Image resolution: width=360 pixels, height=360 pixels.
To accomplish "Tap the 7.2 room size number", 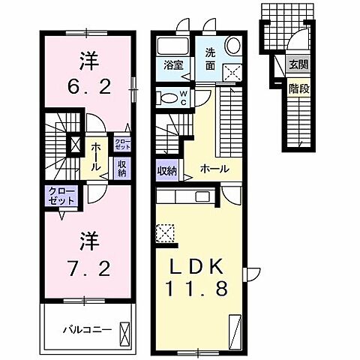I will tap(86, 266).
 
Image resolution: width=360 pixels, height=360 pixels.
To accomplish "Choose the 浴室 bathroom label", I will tap(173, 65).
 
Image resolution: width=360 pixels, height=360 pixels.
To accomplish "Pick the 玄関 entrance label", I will tap(298, 64).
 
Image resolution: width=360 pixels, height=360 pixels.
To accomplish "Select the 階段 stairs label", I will tap(298, 88).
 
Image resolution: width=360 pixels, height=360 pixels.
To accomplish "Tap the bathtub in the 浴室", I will tap(173, 46).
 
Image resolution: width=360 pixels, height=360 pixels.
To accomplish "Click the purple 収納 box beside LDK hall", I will tap(166, 170).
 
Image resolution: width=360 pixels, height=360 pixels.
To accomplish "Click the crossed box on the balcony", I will tap(124, 331).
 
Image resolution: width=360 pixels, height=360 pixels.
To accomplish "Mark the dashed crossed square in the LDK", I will tap(165, 232).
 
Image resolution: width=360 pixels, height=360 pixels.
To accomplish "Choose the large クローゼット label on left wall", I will tap(59, 196).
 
